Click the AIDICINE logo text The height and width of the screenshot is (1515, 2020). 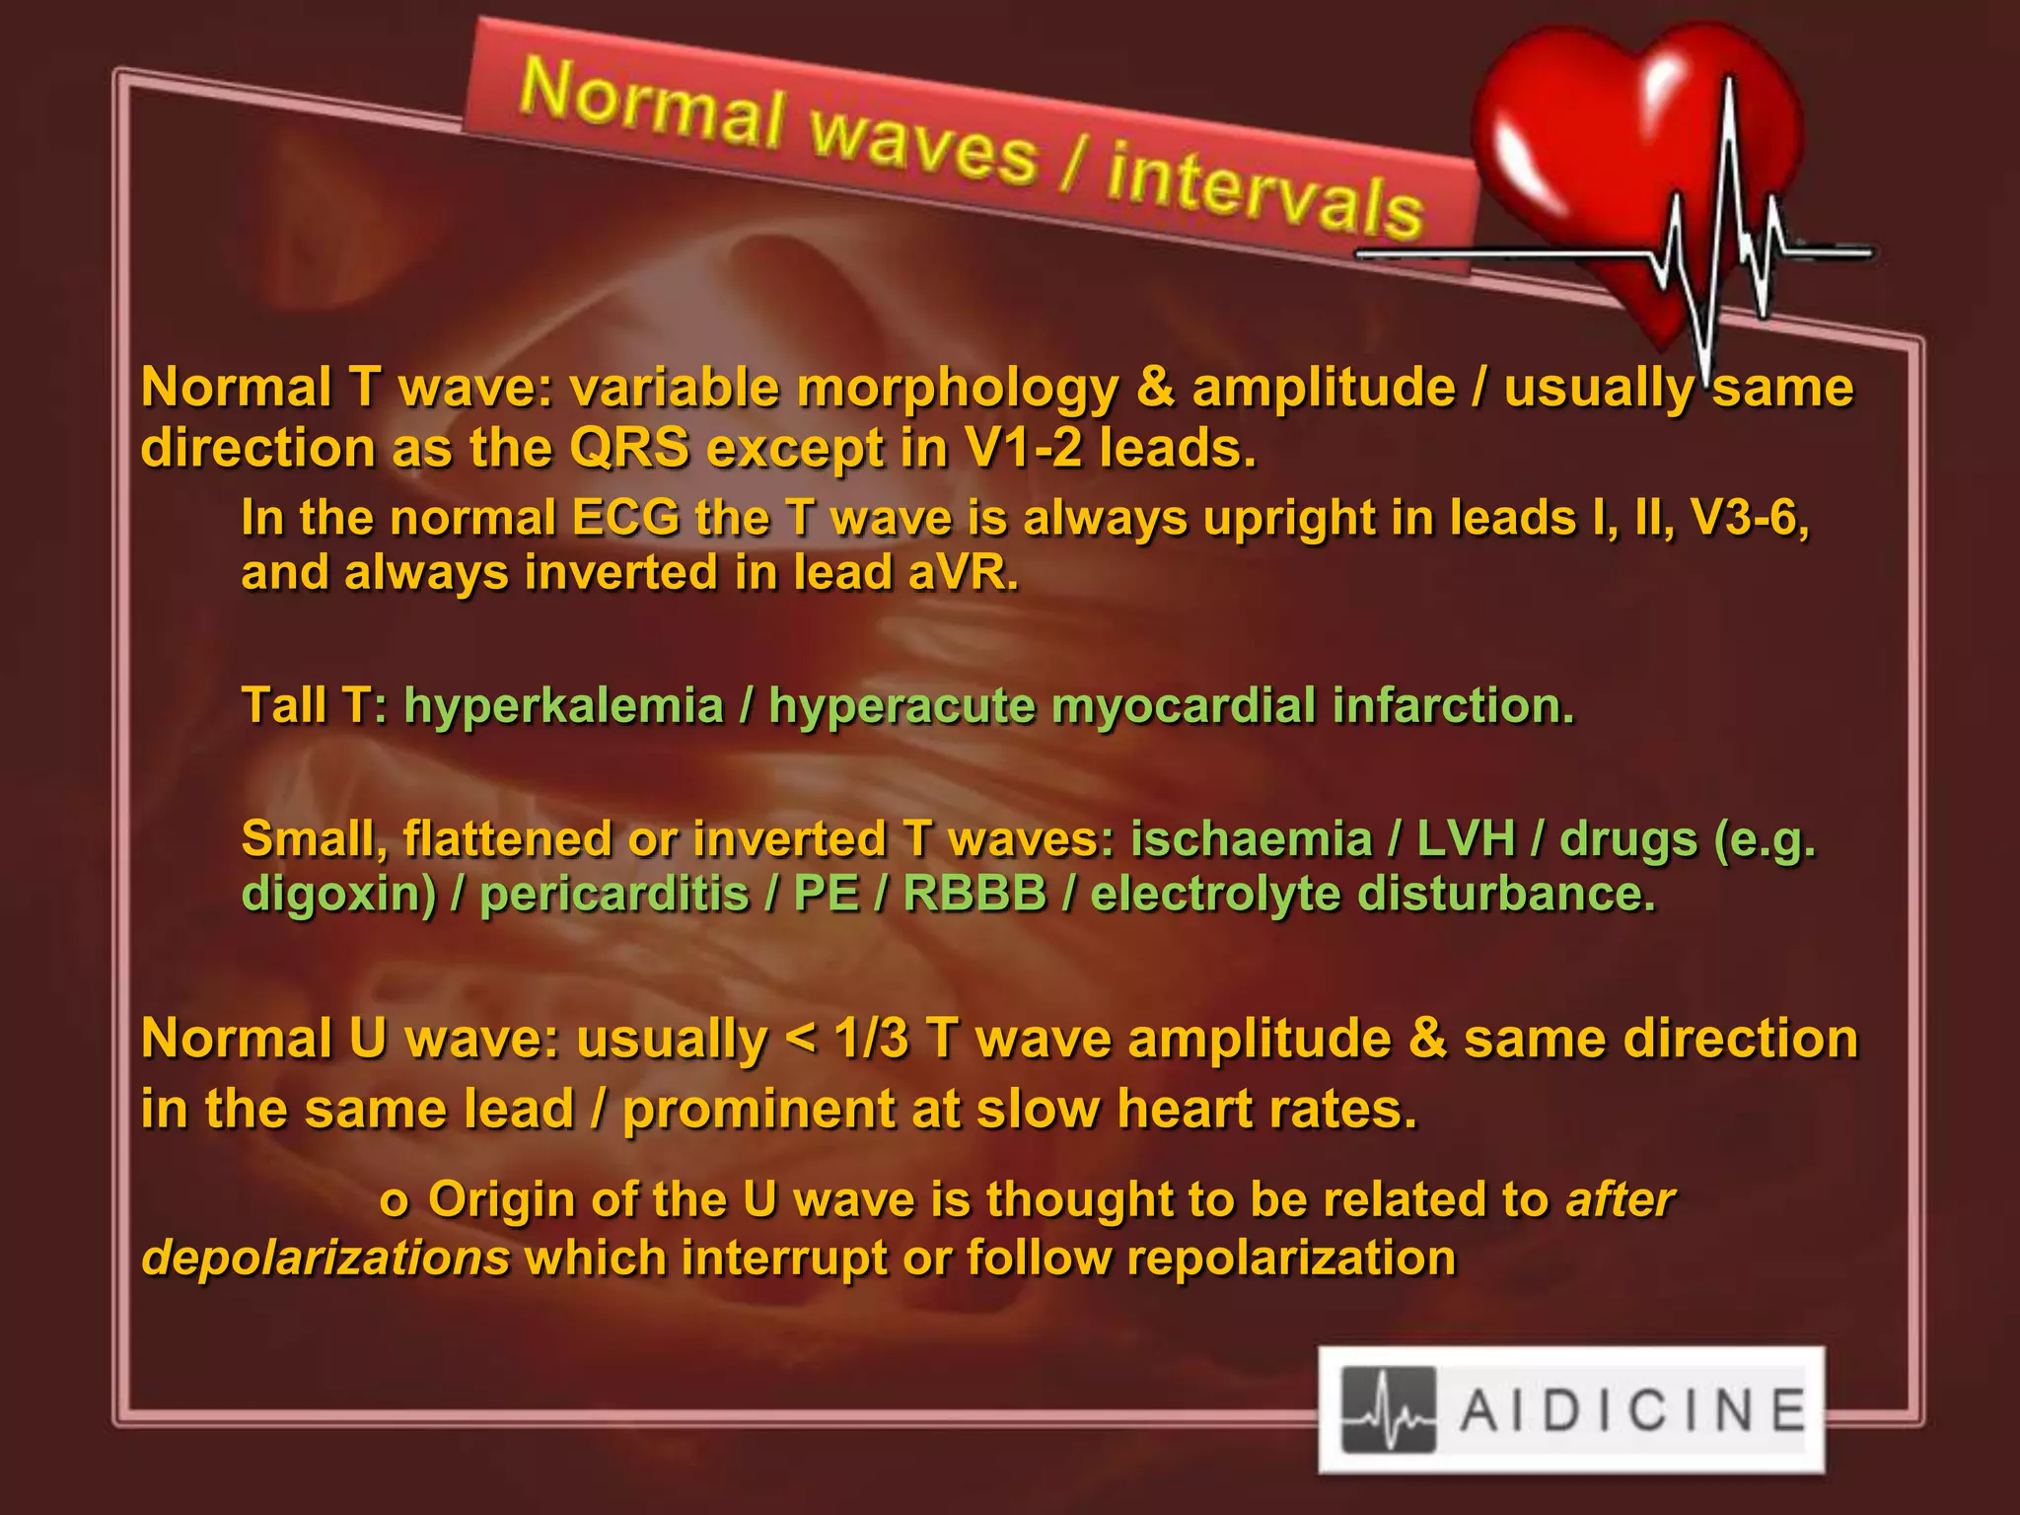(x=1631, y=1410)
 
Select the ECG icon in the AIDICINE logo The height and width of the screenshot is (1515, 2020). (x=1389, y=1410)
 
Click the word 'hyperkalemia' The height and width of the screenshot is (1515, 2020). (x=563, y=706)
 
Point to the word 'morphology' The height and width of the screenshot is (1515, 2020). (x=957, y=388)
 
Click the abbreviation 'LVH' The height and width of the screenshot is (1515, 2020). (x=1466, y=840)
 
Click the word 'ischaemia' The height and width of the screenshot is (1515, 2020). (x=1251, y=840)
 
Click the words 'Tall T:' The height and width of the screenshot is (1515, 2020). (x=315, y=706)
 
